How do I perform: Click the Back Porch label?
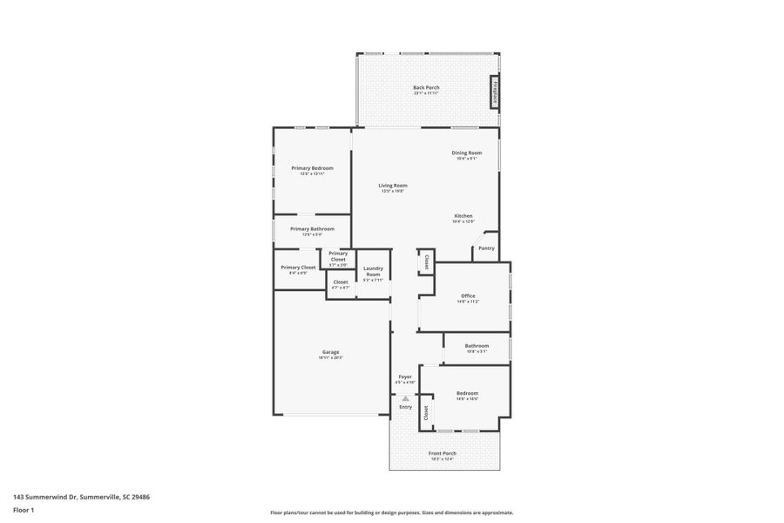point(426,87)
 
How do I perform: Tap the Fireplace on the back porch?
point(494,92)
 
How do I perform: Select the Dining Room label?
point(466,153)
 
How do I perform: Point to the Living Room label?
point(392,186)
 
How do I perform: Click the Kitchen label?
point(463,216)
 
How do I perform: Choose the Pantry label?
point(486,248)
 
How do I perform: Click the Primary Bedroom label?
point(312,168)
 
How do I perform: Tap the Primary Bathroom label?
point(312,229)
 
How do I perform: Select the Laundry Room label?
point(373,271)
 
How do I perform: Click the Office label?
point(468,296)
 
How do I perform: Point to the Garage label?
point(330,352)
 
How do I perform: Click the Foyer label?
point(405,377)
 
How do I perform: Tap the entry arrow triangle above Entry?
point(405,397)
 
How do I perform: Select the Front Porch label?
point(443,453)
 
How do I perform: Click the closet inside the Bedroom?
point(426,413)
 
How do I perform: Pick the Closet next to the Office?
point(426,261)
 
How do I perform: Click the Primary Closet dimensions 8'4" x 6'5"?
point(298,274)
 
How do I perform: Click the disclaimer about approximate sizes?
point(391,513)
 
